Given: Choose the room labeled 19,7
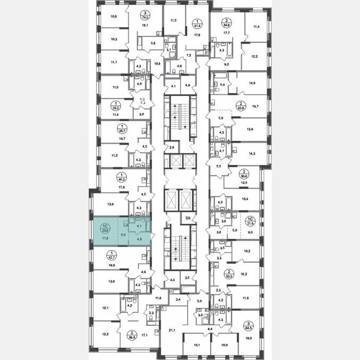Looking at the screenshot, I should [254, 107].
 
